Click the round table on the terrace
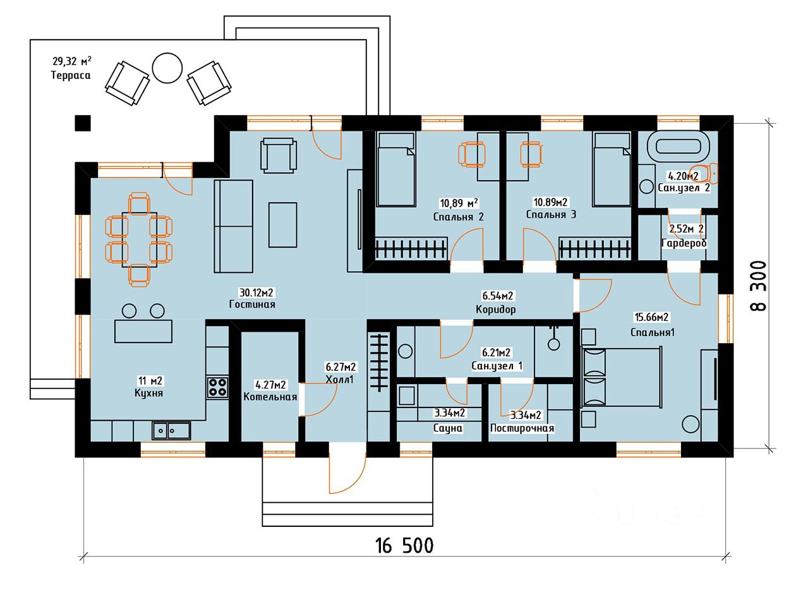[167, 68]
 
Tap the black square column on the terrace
[83, 123]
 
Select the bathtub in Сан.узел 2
[677, 147]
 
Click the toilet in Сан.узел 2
[704, 174]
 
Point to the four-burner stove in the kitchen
[217, 388]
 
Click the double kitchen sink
[171, 431]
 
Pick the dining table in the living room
[140, 239]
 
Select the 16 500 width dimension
[404, 546]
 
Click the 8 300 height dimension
[758, 286]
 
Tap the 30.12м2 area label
[256, 292]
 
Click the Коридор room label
[496, 309]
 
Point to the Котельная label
[270, 397]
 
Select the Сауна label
[448, 428]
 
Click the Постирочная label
[522, 428]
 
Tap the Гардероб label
[684, 243]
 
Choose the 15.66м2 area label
[651, 317]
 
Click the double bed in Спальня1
[622, 377]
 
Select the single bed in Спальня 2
[395, 169]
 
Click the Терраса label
[71, 75]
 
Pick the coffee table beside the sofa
[282, 225]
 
